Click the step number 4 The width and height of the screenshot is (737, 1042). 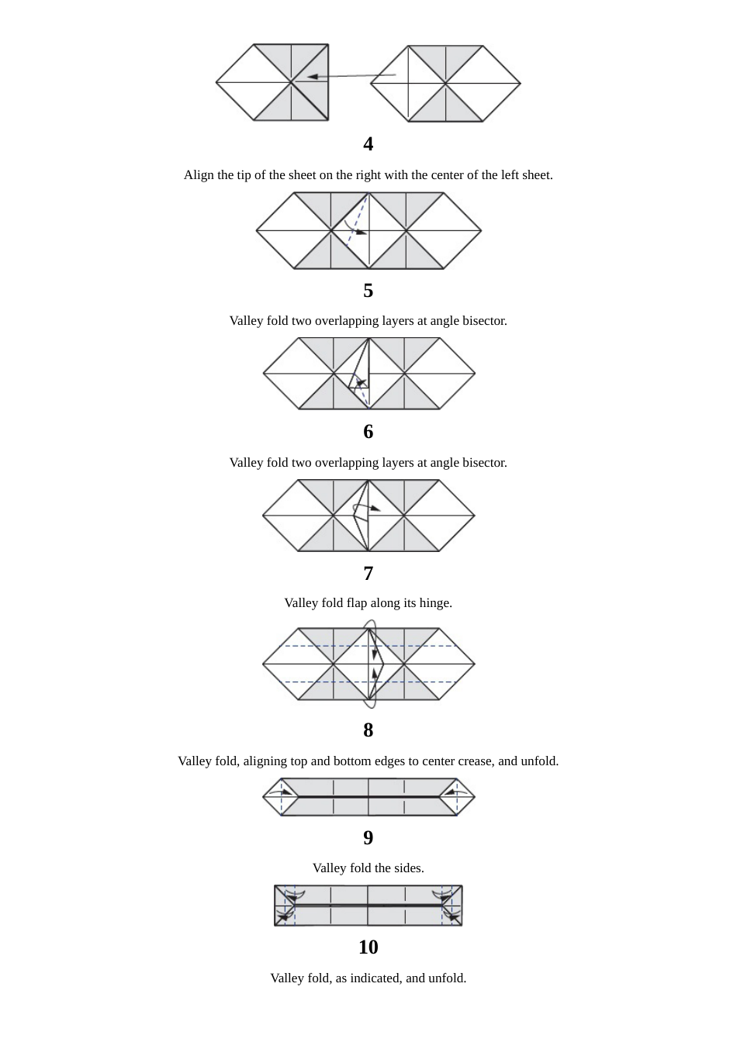coord(368,144)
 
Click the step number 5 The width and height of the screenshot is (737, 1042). coord(368,291)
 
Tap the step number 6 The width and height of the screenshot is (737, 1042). coord(368,432)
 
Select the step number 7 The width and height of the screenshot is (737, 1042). coord(368,574)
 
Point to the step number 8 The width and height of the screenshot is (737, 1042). coord(368,730)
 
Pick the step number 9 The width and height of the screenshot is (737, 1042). coord(368,838)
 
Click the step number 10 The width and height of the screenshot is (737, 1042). coord(368,947)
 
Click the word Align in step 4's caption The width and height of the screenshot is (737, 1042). coord(199,175)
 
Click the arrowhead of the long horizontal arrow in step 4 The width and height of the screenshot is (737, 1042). coord(311,77)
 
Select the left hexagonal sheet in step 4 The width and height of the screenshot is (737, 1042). coord(272,83)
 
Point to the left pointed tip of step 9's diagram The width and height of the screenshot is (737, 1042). coord(265,797)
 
